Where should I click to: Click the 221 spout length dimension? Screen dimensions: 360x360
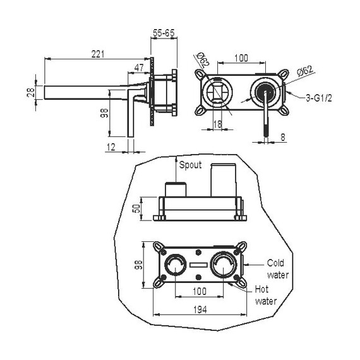click(98, 54)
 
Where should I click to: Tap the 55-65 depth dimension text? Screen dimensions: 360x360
click(164, 33)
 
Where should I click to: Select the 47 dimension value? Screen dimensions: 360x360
click(139, 68)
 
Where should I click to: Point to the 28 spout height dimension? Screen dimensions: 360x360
click(31, 92)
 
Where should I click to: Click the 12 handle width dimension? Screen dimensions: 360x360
click(111, 147)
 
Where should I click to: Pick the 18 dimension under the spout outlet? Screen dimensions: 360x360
click(218, 124)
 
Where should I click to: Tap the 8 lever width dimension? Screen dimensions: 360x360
click(283, 137)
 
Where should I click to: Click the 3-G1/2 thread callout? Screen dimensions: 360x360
click(319, 99)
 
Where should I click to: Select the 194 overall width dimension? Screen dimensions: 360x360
click(200, 309)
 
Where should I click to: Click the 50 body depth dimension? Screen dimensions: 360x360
click(136, 208)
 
